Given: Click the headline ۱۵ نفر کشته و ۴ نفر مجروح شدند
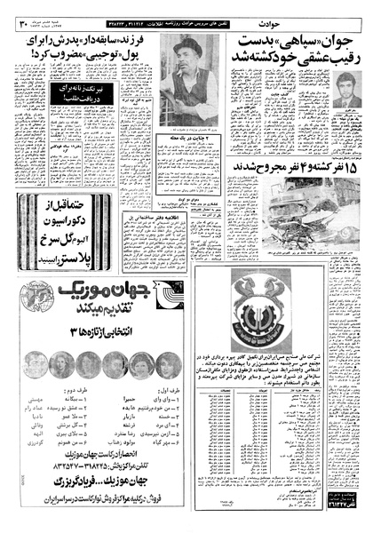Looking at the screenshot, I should click(298, 167).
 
